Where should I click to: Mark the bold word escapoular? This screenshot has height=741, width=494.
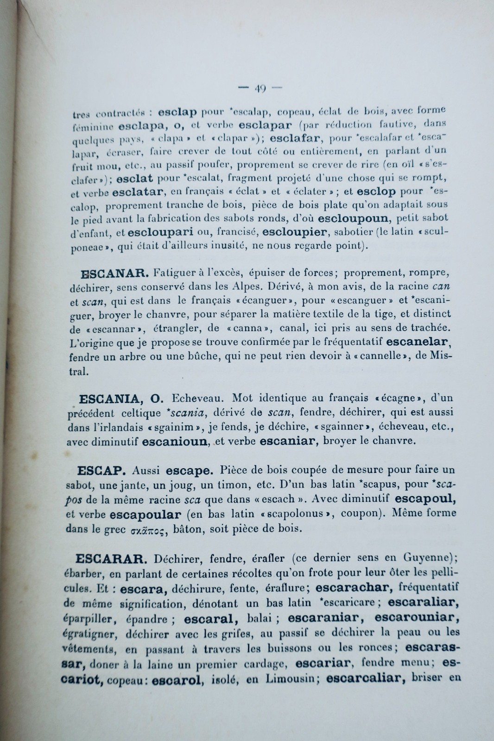point(142,514)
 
